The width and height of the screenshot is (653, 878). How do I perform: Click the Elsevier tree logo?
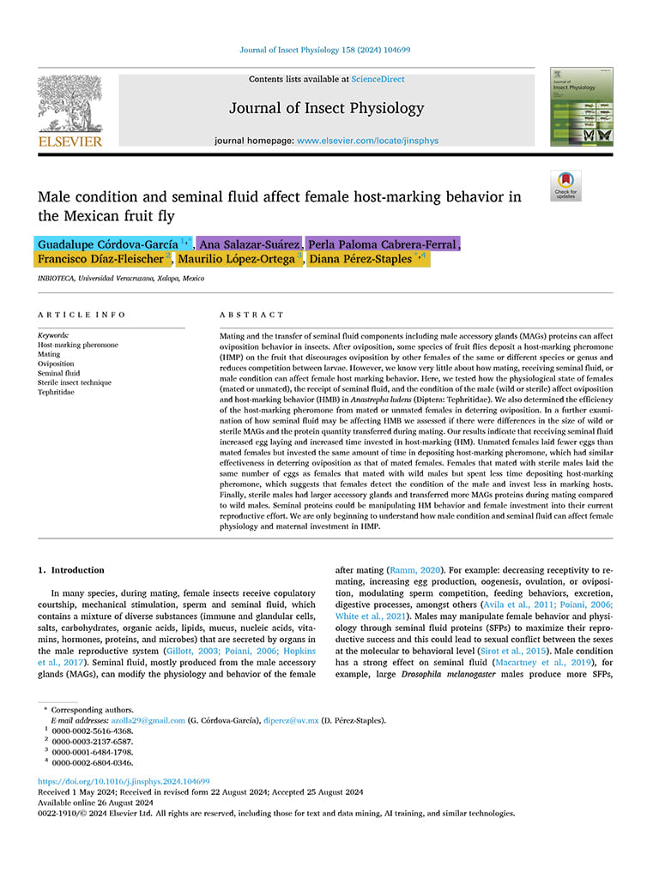(x=69, y=104)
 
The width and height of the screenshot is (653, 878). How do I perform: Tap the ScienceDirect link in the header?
(x=378, y=79)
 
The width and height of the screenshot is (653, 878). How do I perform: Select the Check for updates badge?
(x=566, y=185)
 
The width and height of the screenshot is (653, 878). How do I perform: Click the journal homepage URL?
(x=368, y=140)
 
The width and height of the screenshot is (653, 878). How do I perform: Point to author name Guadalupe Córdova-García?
(x=108, y=244)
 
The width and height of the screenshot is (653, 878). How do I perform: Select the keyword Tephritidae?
(x=57, y=392)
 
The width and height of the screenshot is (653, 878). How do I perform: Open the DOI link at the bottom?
(x=124, y=782)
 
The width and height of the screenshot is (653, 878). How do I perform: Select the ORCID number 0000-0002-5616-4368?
(x=93, y=731)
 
